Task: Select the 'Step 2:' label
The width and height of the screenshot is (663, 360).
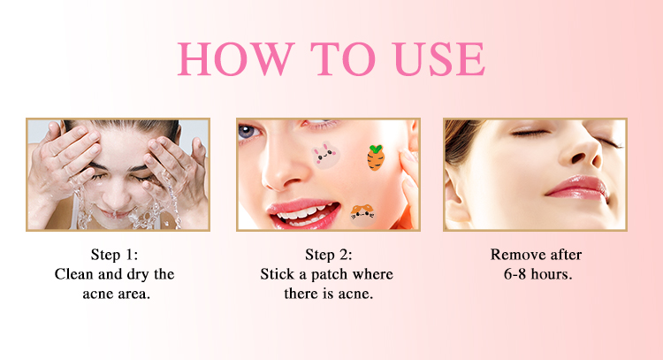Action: (x=329, y=255)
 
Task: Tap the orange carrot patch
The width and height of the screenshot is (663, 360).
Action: (x=376, y=157)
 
